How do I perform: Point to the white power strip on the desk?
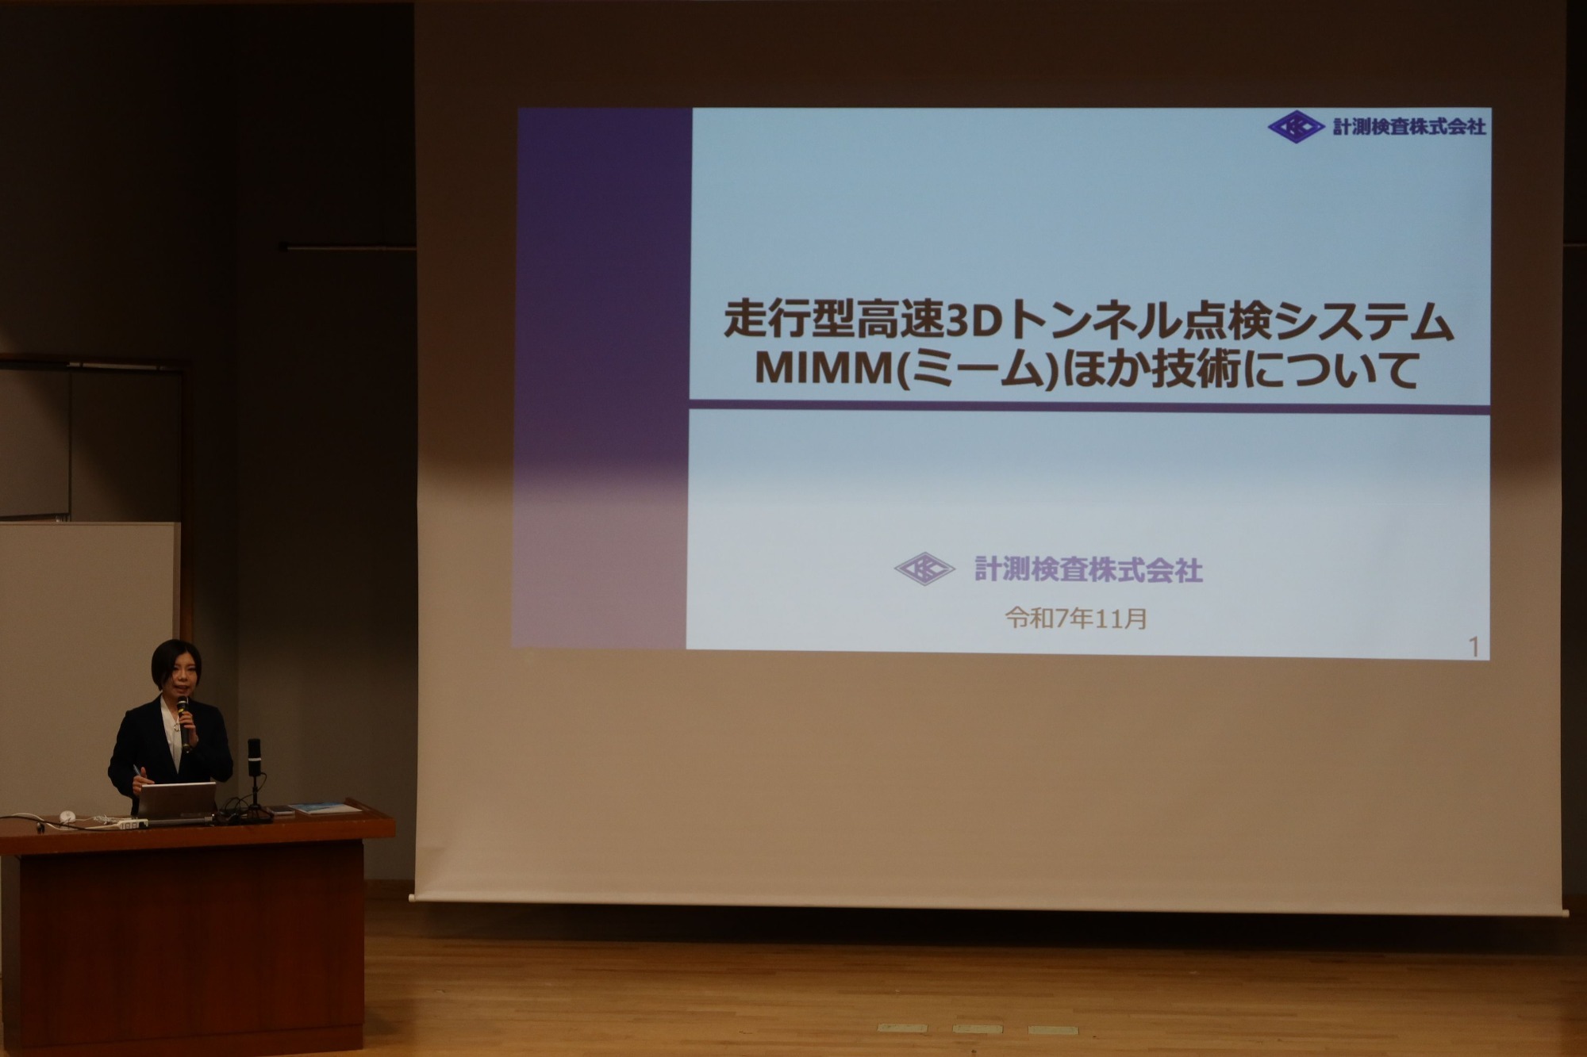(132, 824)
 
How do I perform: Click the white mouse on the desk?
(67, 817)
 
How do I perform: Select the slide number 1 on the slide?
(1474, 647)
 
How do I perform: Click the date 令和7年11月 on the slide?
(1076, 618)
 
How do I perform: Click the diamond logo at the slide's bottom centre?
(924, 569)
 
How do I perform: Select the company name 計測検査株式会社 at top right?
(1409, 126)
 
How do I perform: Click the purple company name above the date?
(1089, 569)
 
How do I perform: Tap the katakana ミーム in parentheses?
(978, 370)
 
